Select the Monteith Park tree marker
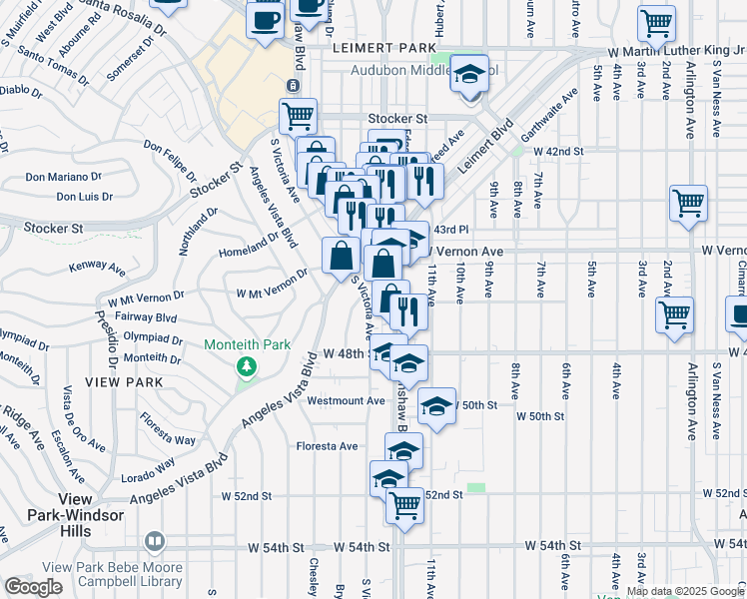pyautogui.click(x=247, y=366)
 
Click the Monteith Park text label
pyautogui.click(x=247, y=344)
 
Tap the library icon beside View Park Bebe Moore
pyautogui.click(x=153, y=542)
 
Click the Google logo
pyautogui.click(x=33, y=587)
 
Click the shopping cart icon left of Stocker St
pyautogui.click(x=298, y=117)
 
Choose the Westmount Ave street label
pyautogui.click(x=346, y=401)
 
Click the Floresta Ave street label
pyautogui.click(x=327, y=446)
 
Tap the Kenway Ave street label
pyautogui.click(x=97, y=269)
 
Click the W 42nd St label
pyautogui.click(x=557, y=151)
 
